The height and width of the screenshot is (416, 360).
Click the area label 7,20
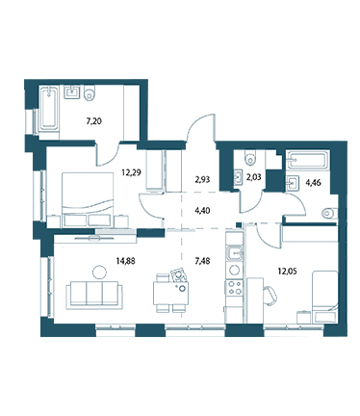94,121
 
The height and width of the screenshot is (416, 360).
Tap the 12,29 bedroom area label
131,172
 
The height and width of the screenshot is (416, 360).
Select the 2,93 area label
202,179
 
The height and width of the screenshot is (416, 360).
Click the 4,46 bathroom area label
314,183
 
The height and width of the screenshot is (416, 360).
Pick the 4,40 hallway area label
202,210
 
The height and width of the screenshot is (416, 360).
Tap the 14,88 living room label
125,261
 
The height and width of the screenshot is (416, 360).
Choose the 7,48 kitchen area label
202,261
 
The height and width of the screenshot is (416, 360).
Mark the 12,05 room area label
287,272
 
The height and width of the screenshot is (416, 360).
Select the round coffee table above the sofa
99,272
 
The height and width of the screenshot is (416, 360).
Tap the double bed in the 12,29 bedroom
88,199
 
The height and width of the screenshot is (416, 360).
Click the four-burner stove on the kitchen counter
234,287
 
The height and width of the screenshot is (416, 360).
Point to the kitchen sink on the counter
235,253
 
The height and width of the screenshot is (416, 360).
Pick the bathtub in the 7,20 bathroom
49,112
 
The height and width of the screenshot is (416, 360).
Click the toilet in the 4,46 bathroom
329,213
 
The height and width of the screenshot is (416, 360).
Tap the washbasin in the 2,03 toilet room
238,177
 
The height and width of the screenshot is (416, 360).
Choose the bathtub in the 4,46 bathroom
307,160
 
